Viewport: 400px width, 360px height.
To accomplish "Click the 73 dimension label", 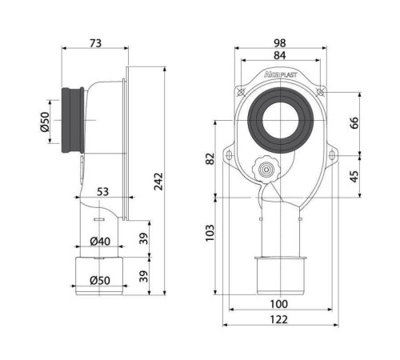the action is (x=95, y=43).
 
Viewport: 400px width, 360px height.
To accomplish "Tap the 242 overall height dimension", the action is (x=158, y=182).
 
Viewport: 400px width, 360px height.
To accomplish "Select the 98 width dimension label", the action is (x=280, y=43).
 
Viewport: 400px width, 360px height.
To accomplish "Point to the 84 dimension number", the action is (x=280, y=55).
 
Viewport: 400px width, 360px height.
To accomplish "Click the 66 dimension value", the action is (x=354, y=122).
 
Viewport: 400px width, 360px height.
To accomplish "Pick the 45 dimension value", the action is (x=354, y=177).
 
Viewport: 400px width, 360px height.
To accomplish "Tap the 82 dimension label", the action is (x=210, y=159).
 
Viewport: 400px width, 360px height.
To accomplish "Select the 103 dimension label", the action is (x=210, y=233).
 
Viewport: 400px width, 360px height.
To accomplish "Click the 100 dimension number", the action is (x=279, y=304).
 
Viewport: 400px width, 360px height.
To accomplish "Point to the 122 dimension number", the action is (x=279, y=319).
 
